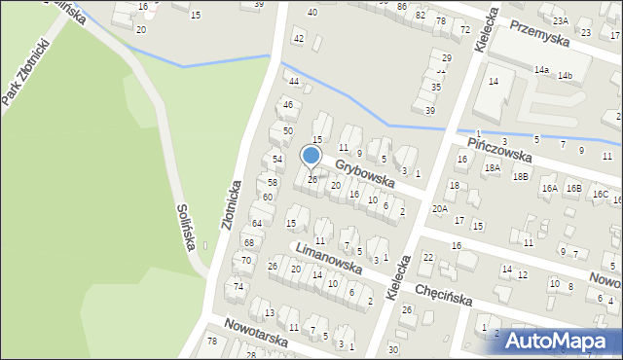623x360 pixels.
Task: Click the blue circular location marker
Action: (x=311, y=156)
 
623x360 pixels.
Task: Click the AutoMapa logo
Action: (x=560, y=341)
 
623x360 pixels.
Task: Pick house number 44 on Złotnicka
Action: (x=293, y=81)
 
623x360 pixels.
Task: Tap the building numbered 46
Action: (x=287, y=104)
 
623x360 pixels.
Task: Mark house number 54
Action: (x=277, y=159)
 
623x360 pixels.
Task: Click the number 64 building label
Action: (x=257, y=224)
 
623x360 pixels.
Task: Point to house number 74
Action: (x=238, y=286)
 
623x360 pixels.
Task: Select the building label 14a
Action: (x=541, y=70)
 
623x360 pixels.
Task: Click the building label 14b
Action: (x=565, y=76)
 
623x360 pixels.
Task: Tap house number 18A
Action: (x=493, y=168)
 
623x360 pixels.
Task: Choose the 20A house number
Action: (x=440, y=208)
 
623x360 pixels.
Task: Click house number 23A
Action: (x=560, y=20)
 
